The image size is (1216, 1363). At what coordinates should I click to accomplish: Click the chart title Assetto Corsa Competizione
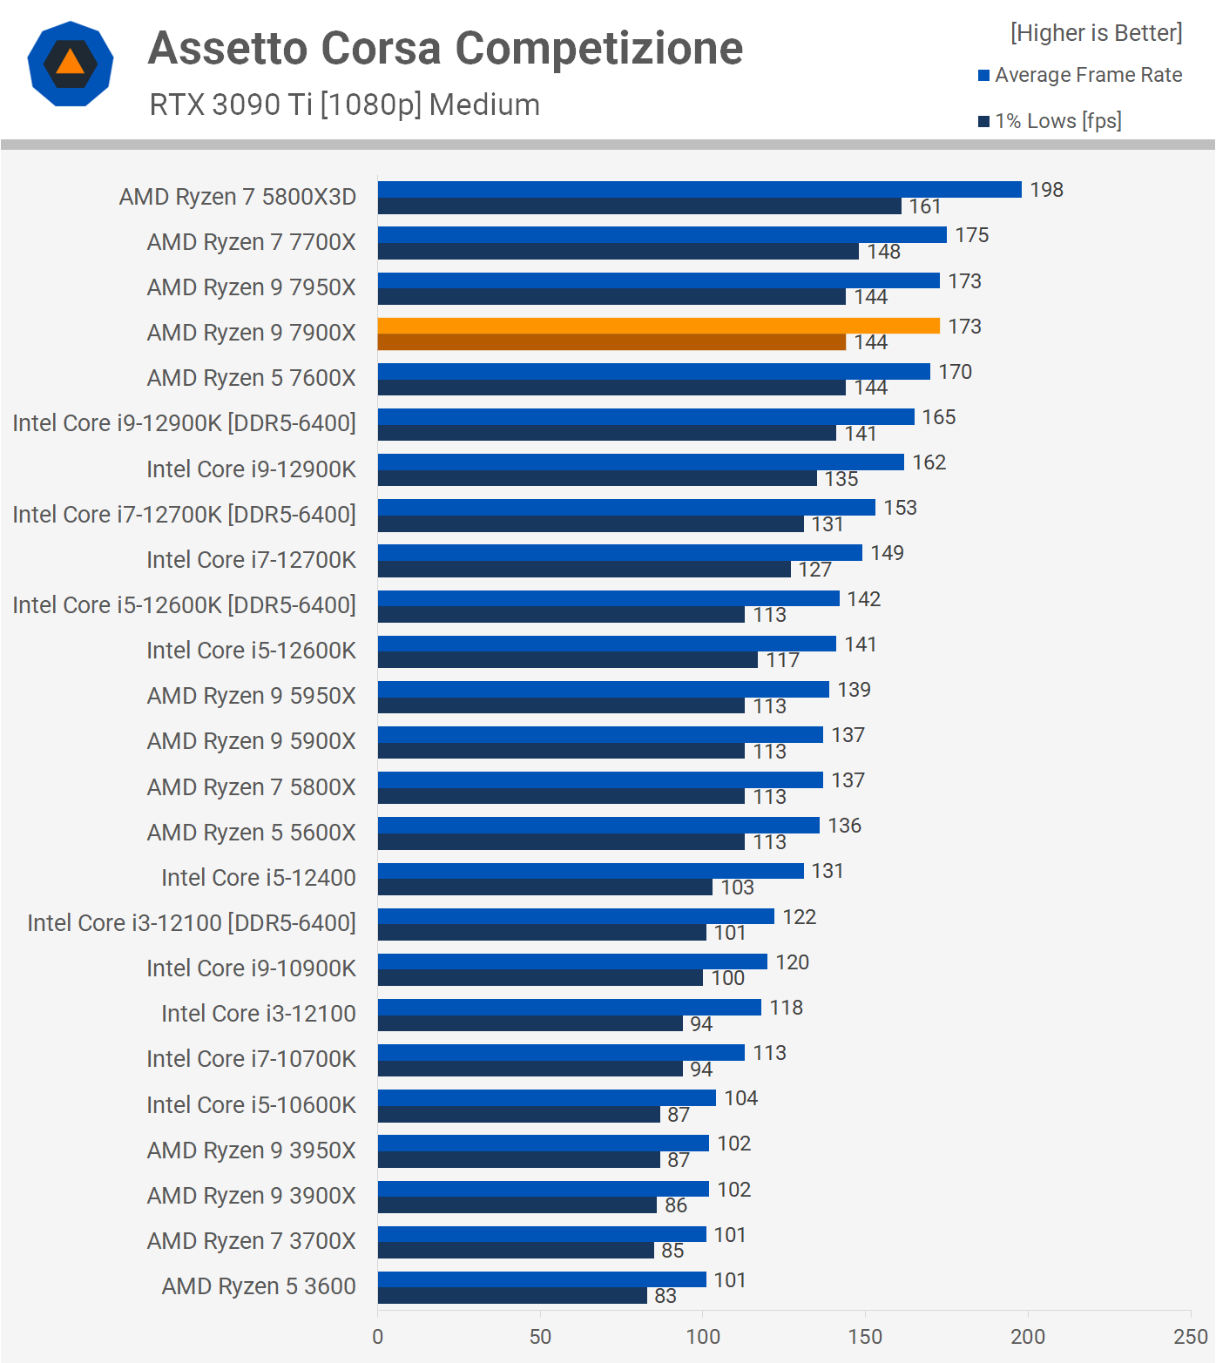coord(445,48)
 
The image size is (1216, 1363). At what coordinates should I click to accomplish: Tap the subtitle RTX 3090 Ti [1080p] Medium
coord(345,105)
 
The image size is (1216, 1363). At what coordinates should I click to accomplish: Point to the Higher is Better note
coord(1096,33)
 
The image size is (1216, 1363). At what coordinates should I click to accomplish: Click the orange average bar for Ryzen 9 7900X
coord(659,326)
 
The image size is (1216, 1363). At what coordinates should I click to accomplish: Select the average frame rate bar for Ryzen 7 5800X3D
coord(699,189)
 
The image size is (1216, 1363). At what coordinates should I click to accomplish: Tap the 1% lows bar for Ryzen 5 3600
coord(512,1296)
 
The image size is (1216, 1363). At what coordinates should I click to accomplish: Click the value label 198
coord(1046,190)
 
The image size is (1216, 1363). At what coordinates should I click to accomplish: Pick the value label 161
coord(925,206)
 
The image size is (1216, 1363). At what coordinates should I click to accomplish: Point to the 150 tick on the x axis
coord(865,1336)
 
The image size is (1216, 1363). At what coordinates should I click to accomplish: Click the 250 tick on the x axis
coord(1190,1336)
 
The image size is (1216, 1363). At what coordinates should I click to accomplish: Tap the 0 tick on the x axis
coord(377,1336)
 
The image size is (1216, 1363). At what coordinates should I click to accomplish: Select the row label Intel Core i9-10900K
coord(251,968)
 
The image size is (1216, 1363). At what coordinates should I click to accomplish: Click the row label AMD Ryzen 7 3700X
coord(251,1241)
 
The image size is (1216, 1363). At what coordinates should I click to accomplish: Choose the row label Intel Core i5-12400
coord(258,878)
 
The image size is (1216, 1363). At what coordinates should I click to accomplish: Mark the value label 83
coord(665,1296)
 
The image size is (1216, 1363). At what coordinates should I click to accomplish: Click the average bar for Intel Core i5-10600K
coord(546,1097)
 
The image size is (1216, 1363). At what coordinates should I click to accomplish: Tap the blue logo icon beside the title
coord(71,64)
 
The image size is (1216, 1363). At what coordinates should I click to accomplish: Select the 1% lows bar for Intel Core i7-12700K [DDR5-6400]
coord(591,524)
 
